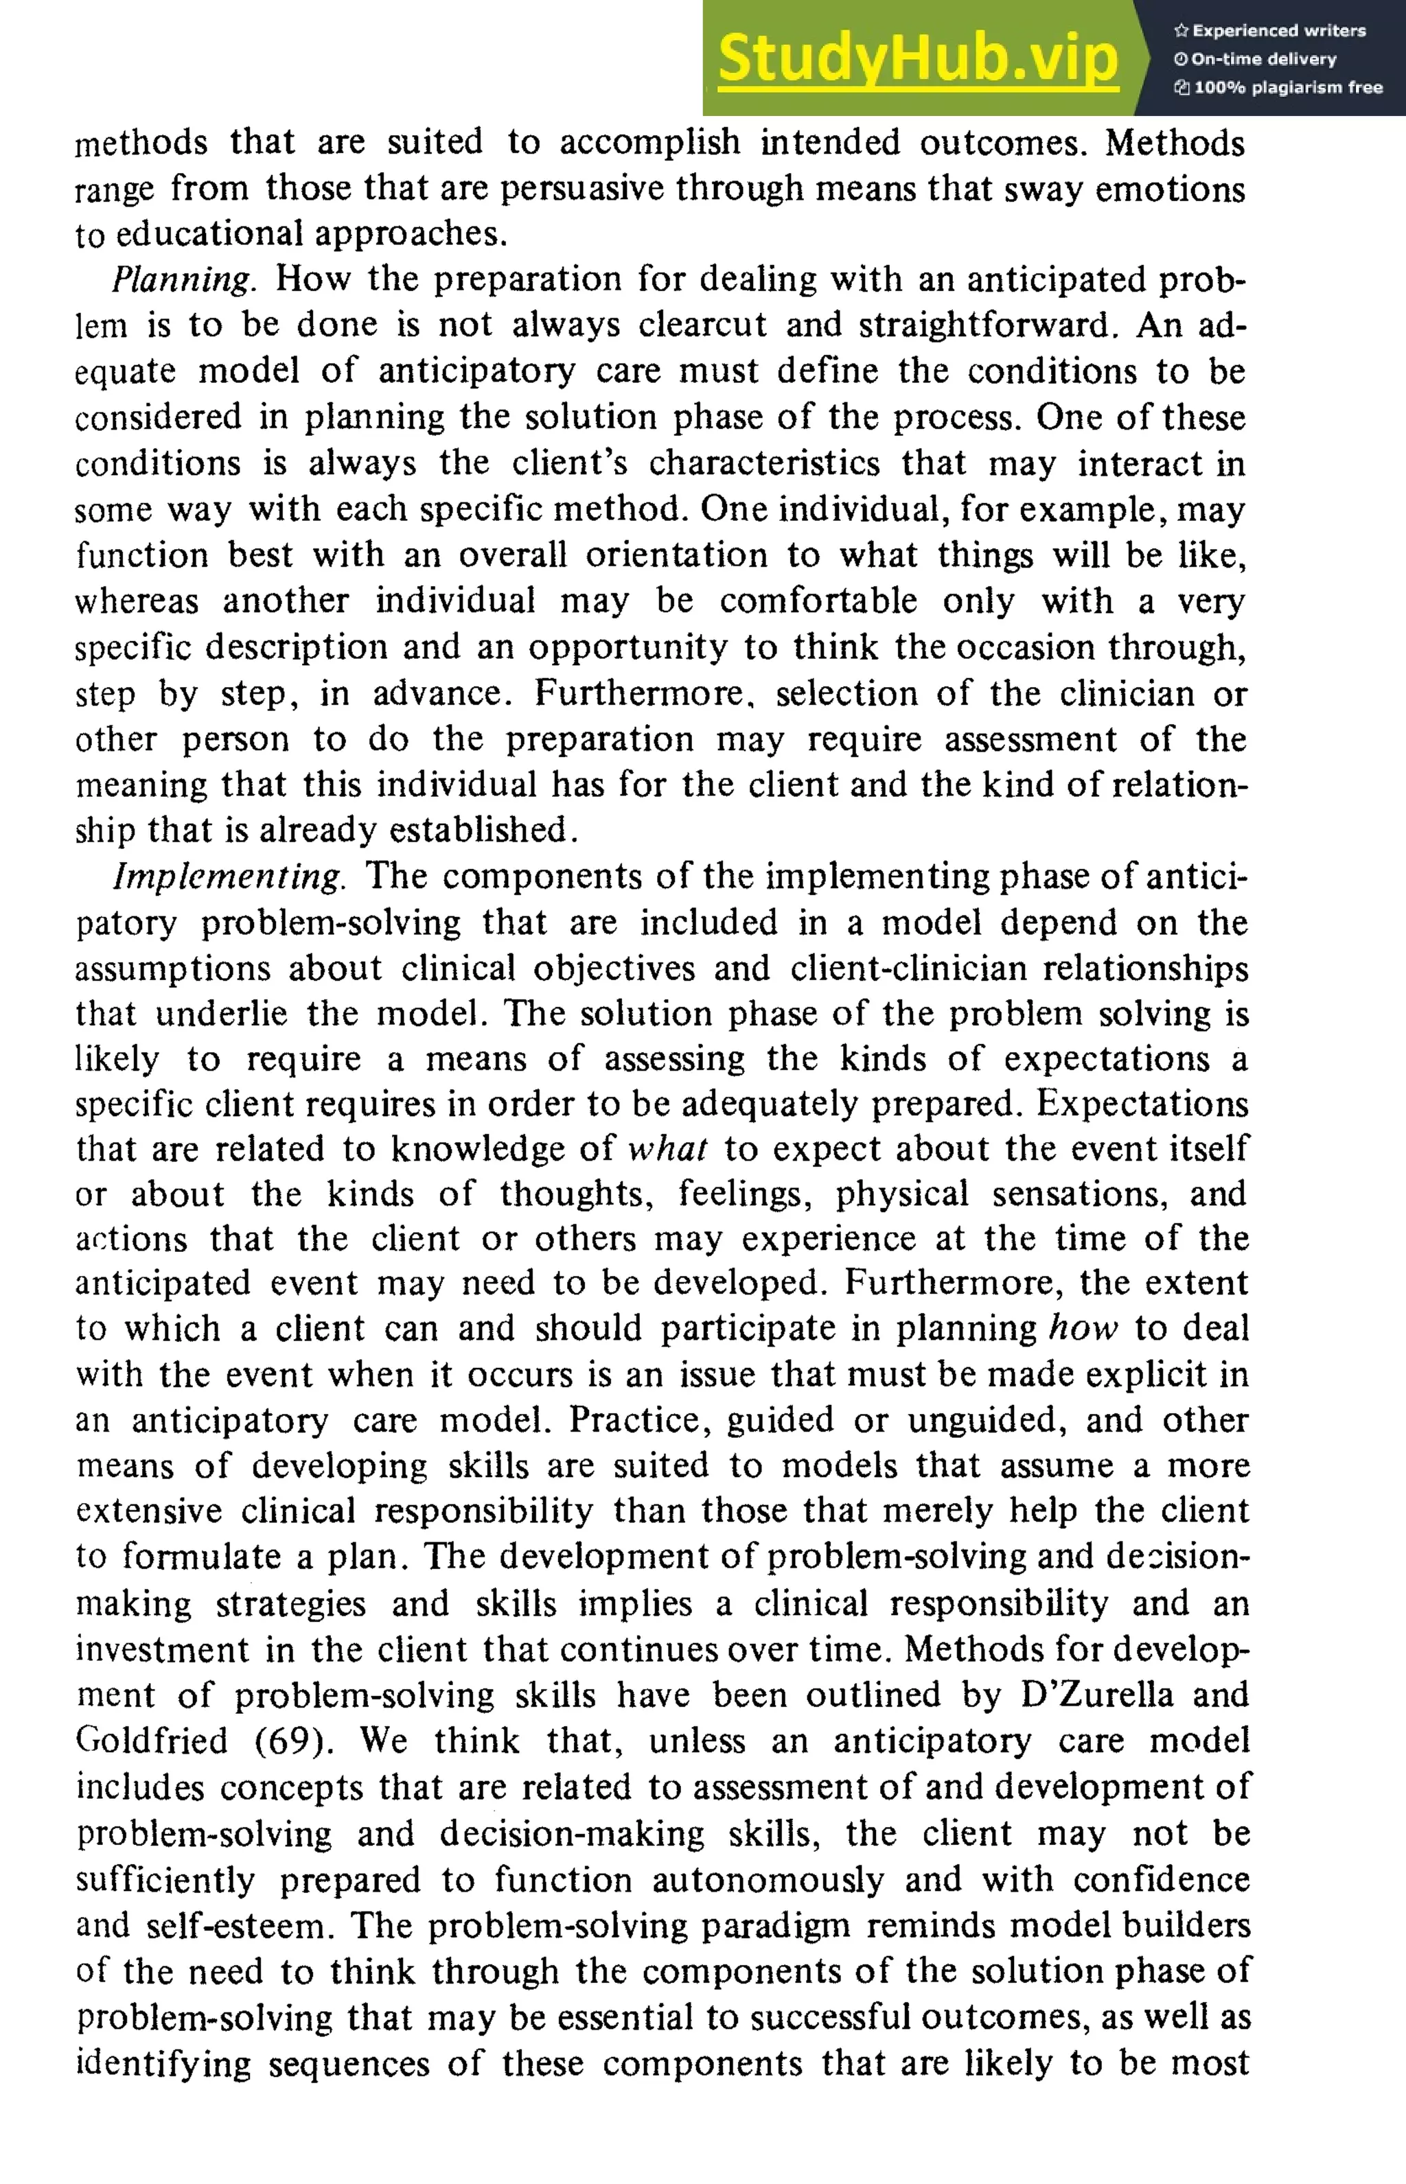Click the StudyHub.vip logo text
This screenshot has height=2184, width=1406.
(918, 58)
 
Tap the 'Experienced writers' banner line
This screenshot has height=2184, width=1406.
(1270, 30)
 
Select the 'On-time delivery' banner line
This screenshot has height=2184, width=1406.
(1256, 59)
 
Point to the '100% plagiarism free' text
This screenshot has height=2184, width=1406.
(1278, 88)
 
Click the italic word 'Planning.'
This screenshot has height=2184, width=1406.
(183, 279)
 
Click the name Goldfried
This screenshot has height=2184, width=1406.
(152, 1741)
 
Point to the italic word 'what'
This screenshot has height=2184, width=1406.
(667, 1149)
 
